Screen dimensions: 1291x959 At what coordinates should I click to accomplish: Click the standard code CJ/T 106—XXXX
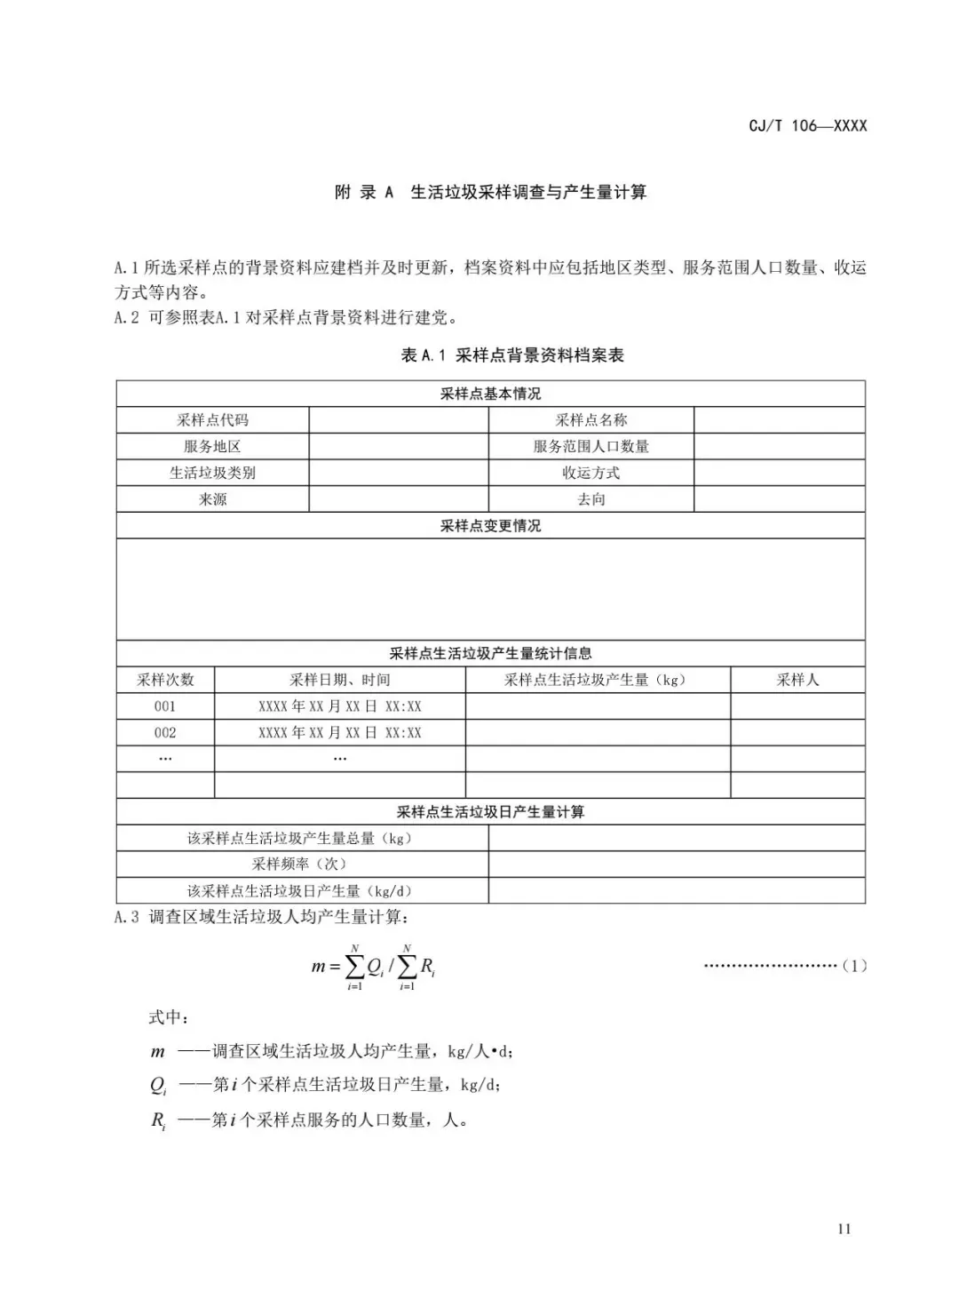tap(807, 125)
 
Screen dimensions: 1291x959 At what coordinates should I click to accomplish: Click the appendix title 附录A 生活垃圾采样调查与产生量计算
tap(490, 192)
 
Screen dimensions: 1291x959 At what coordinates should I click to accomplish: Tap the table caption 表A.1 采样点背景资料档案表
tap(512, 355)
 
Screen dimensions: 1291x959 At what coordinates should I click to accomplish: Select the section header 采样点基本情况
tap(490, 394)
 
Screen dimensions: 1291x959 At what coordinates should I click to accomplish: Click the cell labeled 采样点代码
tap(212, 420)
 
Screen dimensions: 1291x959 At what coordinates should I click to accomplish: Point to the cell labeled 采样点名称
tap(590, 420)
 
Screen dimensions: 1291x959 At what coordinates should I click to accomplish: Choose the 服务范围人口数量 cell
tap(590, 446)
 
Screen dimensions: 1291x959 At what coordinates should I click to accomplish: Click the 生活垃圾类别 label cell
tap(212, 473)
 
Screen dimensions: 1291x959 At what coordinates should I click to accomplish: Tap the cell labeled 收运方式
tap(590, 473)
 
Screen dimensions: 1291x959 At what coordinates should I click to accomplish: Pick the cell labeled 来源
tap(212, 499)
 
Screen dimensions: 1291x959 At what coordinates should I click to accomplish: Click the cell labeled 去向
tap(590, 499)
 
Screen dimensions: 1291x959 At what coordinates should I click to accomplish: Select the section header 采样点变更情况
tap(490, 526)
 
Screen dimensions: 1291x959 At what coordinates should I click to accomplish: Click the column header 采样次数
tap(165, 680)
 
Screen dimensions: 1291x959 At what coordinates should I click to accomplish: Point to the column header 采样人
tap(797, 680)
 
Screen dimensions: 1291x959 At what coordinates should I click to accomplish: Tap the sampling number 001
tap(165, 706)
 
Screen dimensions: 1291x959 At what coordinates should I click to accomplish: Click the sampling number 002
tap(165, 733)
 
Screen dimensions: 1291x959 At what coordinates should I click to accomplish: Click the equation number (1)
tap(853, 966)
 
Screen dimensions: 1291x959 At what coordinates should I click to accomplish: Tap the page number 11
tap(844, 1229)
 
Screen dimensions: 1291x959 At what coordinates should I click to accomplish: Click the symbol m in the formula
tap(318, 967)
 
